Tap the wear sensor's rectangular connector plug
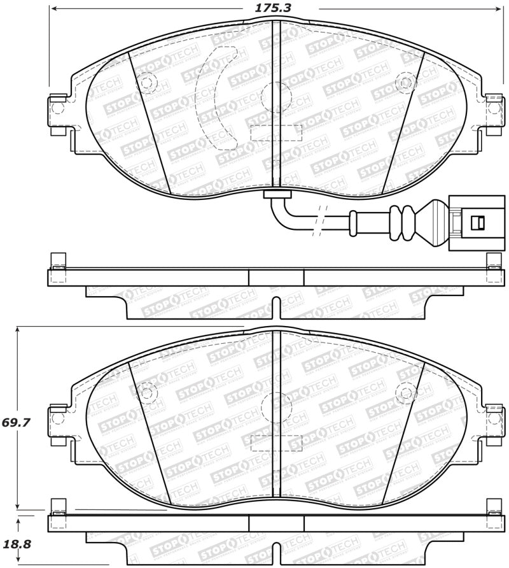pos(468,221)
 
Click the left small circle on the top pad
pos(147,82)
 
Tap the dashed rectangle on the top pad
pos(276,132)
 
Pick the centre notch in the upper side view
pos(275,304)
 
